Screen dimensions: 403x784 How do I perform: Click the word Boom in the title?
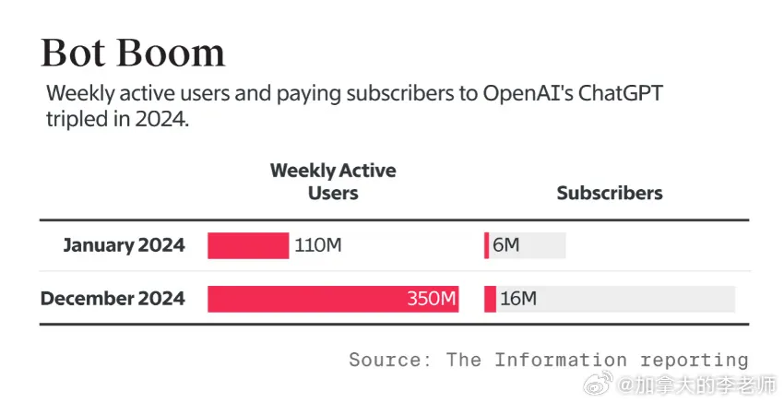click(174, 53)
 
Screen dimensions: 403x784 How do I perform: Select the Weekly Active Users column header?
click(332, 182)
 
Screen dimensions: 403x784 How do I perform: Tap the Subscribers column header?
click(610, 193)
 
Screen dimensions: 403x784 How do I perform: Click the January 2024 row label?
click(124, 245)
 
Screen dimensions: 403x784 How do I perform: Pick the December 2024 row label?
click(113, 299)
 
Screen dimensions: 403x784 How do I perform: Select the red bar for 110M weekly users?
click(247, 245)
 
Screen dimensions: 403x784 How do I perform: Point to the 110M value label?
click(318, 245)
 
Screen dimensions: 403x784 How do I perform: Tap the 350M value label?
click(432, 299)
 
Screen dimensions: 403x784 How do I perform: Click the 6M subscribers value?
click(506, 245)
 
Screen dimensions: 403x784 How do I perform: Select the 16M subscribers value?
click(518, 299)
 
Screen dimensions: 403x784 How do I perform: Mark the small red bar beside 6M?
click(487, 245)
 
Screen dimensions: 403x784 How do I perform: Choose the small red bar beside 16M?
click(490, 299)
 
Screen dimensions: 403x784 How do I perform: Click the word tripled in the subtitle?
click(78, 120)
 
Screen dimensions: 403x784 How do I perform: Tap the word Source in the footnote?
click(386, 360)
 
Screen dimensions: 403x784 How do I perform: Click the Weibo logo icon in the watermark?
click(602, 384)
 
